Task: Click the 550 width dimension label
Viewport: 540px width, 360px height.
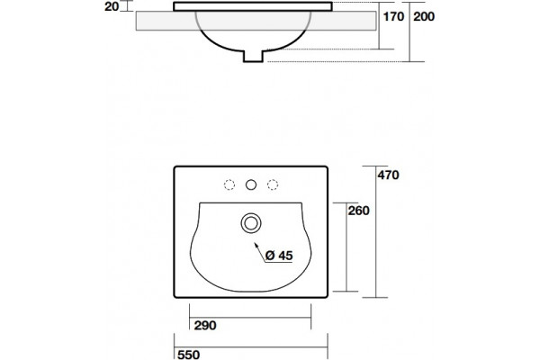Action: click(x=188, y=355)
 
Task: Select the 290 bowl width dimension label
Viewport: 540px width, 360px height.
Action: click(x=205, y=325)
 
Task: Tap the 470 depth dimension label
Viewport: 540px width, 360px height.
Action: click(x=388, y=175)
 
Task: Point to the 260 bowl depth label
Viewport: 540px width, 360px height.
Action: click(x=358, y=211)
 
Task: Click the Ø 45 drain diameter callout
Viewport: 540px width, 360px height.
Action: click(x=279, y=256)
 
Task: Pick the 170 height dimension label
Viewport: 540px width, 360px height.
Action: click(x=393, y=16)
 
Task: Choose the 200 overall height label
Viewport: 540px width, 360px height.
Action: click(x=424, y=16)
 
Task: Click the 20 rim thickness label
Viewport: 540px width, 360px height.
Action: click(x=112, y=6)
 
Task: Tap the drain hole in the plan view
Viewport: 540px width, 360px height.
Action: click(x=251, y=223)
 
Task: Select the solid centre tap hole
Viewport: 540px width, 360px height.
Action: click(x=251, y=185)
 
